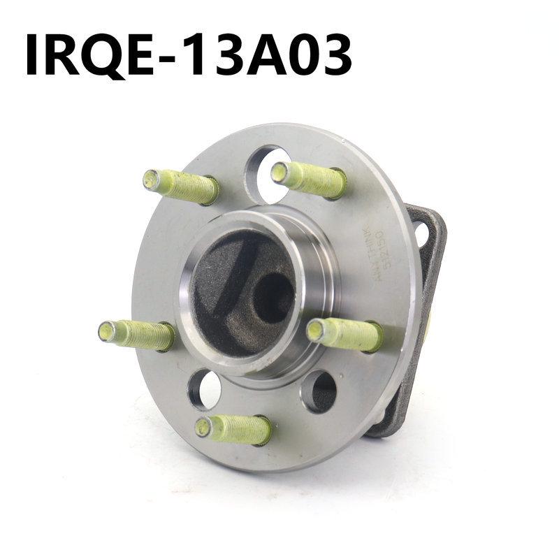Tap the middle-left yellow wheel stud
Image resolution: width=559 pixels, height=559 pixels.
point(136,335)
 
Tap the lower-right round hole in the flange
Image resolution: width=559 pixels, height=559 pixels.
point(319,391)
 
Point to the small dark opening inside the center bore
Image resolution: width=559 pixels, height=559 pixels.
point(273,298)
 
